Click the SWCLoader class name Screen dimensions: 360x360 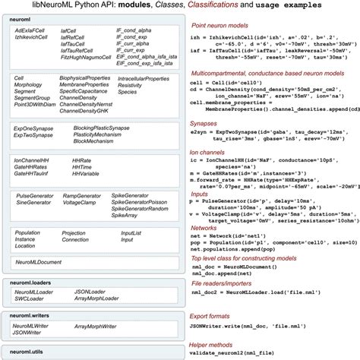30,298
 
